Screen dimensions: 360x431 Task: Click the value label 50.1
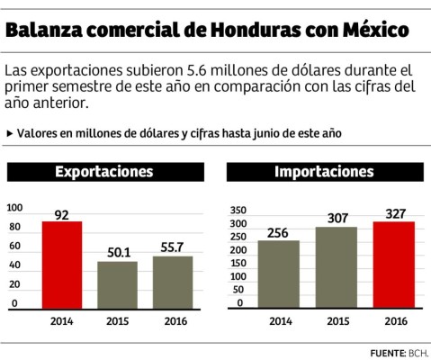point(117,252)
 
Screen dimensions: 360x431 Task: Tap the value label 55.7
point(172,247)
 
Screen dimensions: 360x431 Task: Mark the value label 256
point(278,232)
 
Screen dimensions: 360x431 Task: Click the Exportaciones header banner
point(104,171)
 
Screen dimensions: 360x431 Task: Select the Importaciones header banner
point(323,171)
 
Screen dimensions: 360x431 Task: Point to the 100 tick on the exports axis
point(14,207)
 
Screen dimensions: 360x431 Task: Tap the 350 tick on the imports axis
point(237,207)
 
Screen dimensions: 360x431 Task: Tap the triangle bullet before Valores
point(9,133)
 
